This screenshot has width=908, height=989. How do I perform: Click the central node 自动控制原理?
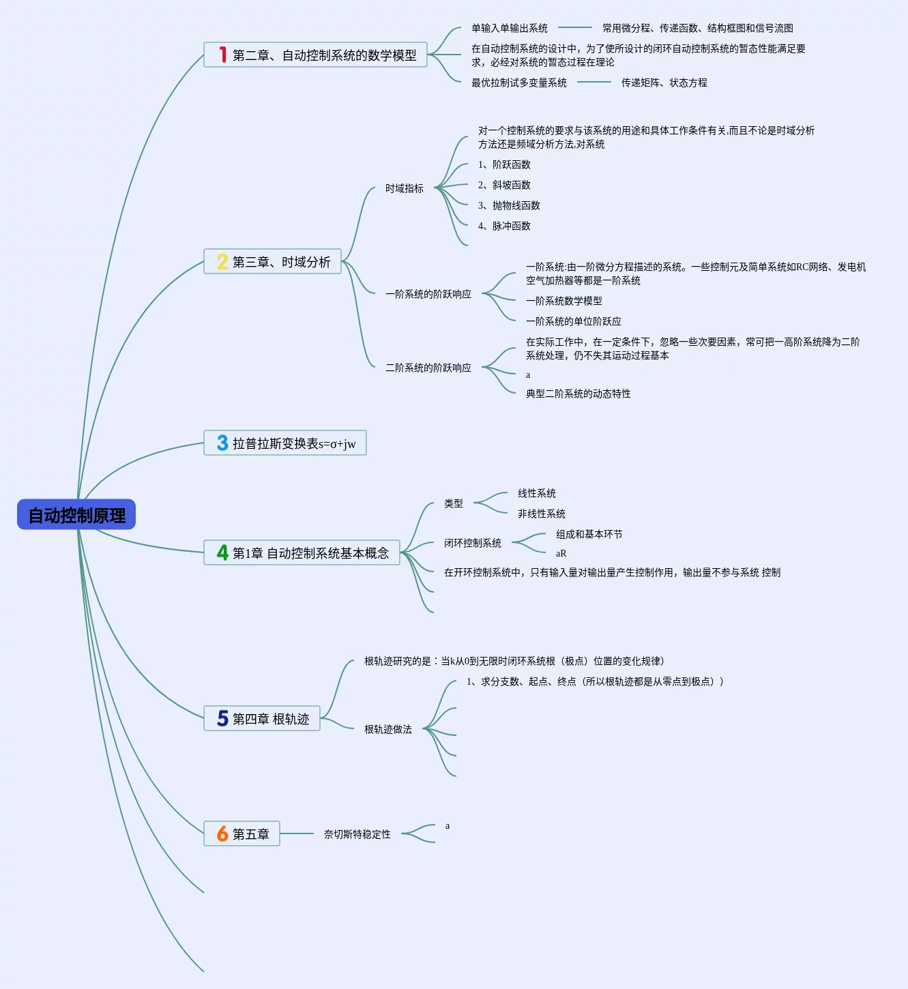[76, 514]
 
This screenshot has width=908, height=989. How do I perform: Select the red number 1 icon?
[223, 55]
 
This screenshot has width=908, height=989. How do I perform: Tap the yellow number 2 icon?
[222, 261]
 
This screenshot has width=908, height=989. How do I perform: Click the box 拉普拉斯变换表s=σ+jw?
[285, 443]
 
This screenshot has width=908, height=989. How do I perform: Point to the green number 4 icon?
[222, 552]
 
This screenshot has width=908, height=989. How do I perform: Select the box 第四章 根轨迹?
[262, 718]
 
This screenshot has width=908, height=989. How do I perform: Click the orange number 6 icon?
[222, 833]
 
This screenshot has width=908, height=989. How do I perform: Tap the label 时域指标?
[405, 188]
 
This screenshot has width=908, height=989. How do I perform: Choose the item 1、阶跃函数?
[504, 164]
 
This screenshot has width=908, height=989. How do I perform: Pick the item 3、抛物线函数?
[509, 205]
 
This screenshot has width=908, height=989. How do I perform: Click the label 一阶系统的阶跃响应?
[428, 294]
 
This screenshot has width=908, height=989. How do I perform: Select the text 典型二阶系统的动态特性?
[578, 394]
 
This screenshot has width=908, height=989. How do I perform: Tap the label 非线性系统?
[542, 514]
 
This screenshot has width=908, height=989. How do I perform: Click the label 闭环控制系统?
[473, 543]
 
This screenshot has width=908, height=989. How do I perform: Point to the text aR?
[561, 553]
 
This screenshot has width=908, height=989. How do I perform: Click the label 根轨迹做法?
[388, 729]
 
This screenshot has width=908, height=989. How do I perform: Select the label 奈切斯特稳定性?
[357, 834]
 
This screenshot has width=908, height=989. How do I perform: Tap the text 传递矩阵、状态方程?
[664, 83]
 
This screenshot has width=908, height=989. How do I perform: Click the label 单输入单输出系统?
[510, 28]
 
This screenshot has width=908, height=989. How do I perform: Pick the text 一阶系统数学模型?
[563, 301]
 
